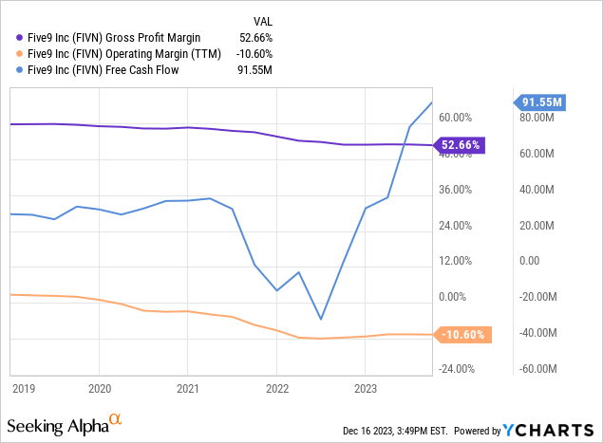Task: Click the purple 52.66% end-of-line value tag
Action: coord(461,145)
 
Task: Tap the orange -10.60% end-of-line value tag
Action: coord(462,334)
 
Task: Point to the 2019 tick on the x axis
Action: coord(25,387)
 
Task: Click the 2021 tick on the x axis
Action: coord(188,387)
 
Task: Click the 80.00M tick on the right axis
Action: coord(534,118)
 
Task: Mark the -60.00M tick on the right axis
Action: coord(532,369)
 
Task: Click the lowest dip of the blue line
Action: coord(321,319)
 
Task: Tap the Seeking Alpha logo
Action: coord(65,422)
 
